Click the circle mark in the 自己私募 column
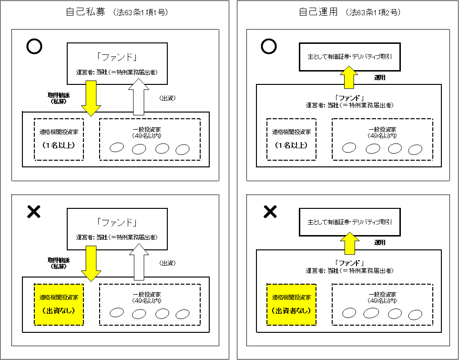coord(34,46)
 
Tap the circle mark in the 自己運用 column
coord(269,46)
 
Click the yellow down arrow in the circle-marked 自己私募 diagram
coord(91,98)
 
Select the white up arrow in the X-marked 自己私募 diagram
coord(139,262)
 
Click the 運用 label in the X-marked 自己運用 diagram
coord(379,243)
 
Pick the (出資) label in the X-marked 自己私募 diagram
coord(167,263)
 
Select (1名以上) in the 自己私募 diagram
coord(59,145)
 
